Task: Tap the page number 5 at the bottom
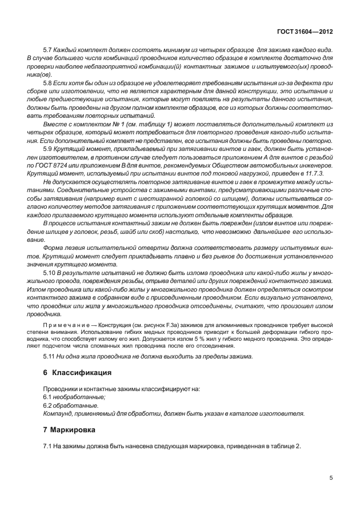pos(331,479)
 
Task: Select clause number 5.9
pos(48,148)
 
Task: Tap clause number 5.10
pos(50,274)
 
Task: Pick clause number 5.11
pos(50,356)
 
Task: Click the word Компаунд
pos(58,412)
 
